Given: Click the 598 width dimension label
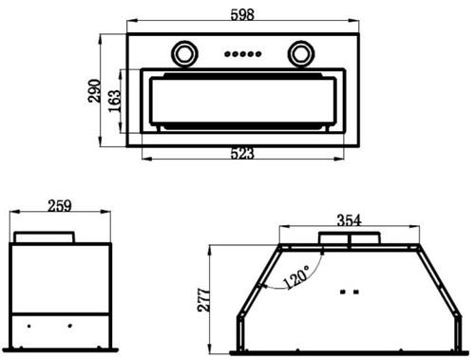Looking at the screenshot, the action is coord(242,14).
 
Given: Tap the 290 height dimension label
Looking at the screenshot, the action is coord(94,91).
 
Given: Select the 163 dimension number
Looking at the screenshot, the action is coord(114,101).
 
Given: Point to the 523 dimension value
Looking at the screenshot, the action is coord(242,154).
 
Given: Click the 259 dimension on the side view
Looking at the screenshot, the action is coord(60,206).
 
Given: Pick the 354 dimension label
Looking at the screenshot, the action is coord(349,220).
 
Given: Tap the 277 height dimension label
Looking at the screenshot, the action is coord(203,300).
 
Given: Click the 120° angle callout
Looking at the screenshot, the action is coord(296,276).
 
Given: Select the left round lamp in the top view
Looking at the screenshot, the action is coord(184,54).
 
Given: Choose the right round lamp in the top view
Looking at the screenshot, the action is coord(301,54).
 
